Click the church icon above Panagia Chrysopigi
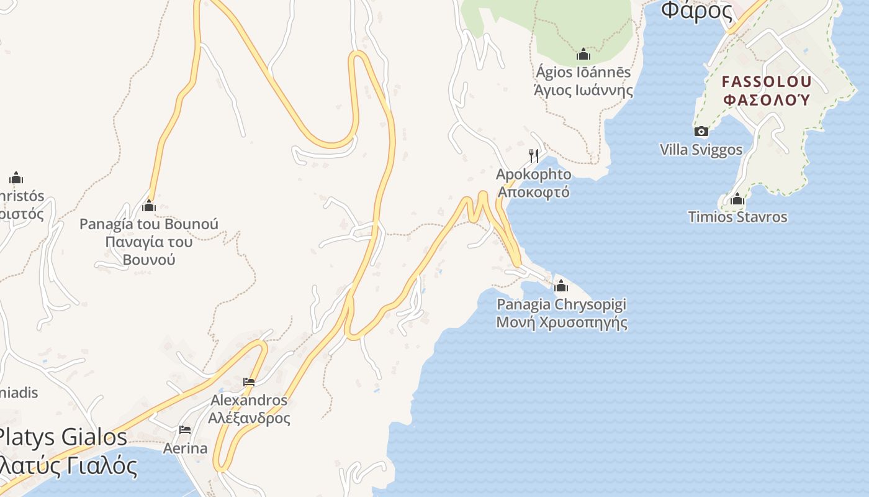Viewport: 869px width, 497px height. pyautogui.click(x=561, y=286)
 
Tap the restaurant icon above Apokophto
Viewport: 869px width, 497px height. pyautogui.click(x=534, y=155)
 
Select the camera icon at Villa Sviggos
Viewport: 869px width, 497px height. pyautogui.click(x=701, y=131)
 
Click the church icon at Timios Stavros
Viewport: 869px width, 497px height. pyautogui.click(x=737, y=199)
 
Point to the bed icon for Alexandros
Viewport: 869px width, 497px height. pyautogui.click(x=249, y=382)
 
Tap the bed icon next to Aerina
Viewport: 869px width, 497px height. pyautogui.click(x=185, y=429)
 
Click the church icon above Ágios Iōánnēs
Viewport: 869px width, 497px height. pyautogui.click(x=583, y=55)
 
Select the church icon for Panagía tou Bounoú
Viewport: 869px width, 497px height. pyautogui.click(x=149, y=206)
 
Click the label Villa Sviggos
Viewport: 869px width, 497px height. pyautogui.click(x=701, y=150)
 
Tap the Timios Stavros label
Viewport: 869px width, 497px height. pyautogui.click(x=737, y=217)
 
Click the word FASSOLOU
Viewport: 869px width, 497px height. pyautogui.click(x=767, y=81)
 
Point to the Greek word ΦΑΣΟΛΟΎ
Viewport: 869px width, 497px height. pyautogui.click(x=767, y=99)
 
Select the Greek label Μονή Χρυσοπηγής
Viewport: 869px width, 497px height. pyautogui.click(x=561, y=322)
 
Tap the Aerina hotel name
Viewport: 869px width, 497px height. pyautogui.click(x=185, y=448)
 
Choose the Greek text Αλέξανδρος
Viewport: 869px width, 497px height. pyautogui.click(x=249, y=417)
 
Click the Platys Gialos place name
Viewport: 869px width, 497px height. pyautogui.click(x=62, y=437)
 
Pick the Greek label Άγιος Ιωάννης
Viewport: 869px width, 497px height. pyautogui.click(x=583, y=90)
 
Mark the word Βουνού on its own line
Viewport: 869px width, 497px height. pyautogui.click(x=149, y=259)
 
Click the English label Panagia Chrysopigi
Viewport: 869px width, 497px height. pyautogui.click(x=561, y=304)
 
